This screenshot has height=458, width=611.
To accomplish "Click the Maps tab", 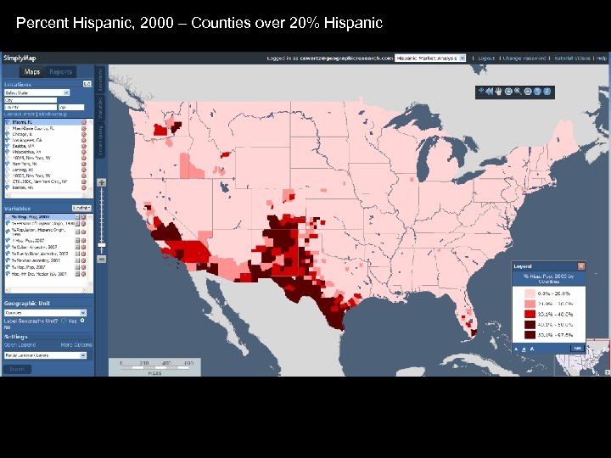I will point(32,72).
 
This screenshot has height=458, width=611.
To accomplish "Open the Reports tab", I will point(60,72).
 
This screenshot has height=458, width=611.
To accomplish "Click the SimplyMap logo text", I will point(20,58).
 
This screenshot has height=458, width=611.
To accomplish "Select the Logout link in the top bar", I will point(486,59).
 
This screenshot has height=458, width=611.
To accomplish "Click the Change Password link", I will point(523,59).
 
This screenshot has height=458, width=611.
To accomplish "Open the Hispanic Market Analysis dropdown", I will point(429,59).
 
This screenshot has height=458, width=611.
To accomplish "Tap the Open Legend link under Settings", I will point(20,345).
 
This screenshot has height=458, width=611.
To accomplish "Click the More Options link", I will point(76,345).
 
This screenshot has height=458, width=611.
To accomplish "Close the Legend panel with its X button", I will point(581,266).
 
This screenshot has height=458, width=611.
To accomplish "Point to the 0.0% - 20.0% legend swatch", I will point(530,292).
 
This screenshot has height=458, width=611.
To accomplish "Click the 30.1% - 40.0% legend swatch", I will point(530,314).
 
